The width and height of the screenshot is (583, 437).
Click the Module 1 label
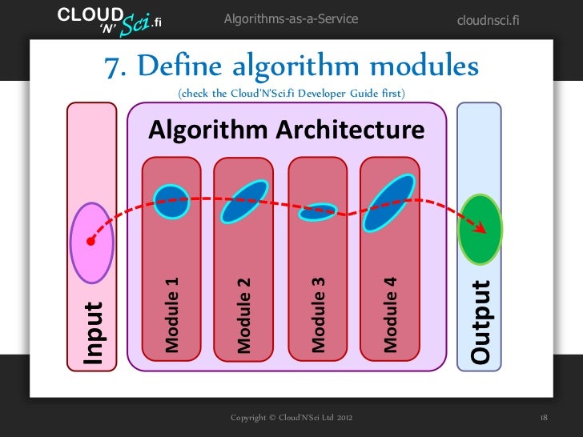coord(171,315)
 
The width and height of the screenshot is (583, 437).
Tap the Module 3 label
coord(317,315)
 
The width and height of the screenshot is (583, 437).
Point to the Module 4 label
coord(390,315)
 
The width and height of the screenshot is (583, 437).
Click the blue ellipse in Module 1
coord(171,201)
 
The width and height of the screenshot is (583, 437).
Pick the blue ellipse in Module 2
coord(243,201)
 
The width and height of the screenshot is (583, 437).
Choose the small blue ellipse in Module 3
coord(317,212)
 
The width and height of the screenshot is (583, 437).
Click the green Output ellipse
coord(479,229)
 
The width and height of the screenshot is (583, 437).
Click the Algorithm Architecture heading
coord(286,130)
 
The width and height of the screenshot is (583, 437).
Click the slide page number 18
coord(544,418)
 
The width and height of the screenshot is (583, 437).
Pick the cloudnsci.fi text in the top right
coord(488,19)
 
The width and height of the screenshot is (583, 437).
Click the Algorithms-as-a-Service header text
coord(291,18)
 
